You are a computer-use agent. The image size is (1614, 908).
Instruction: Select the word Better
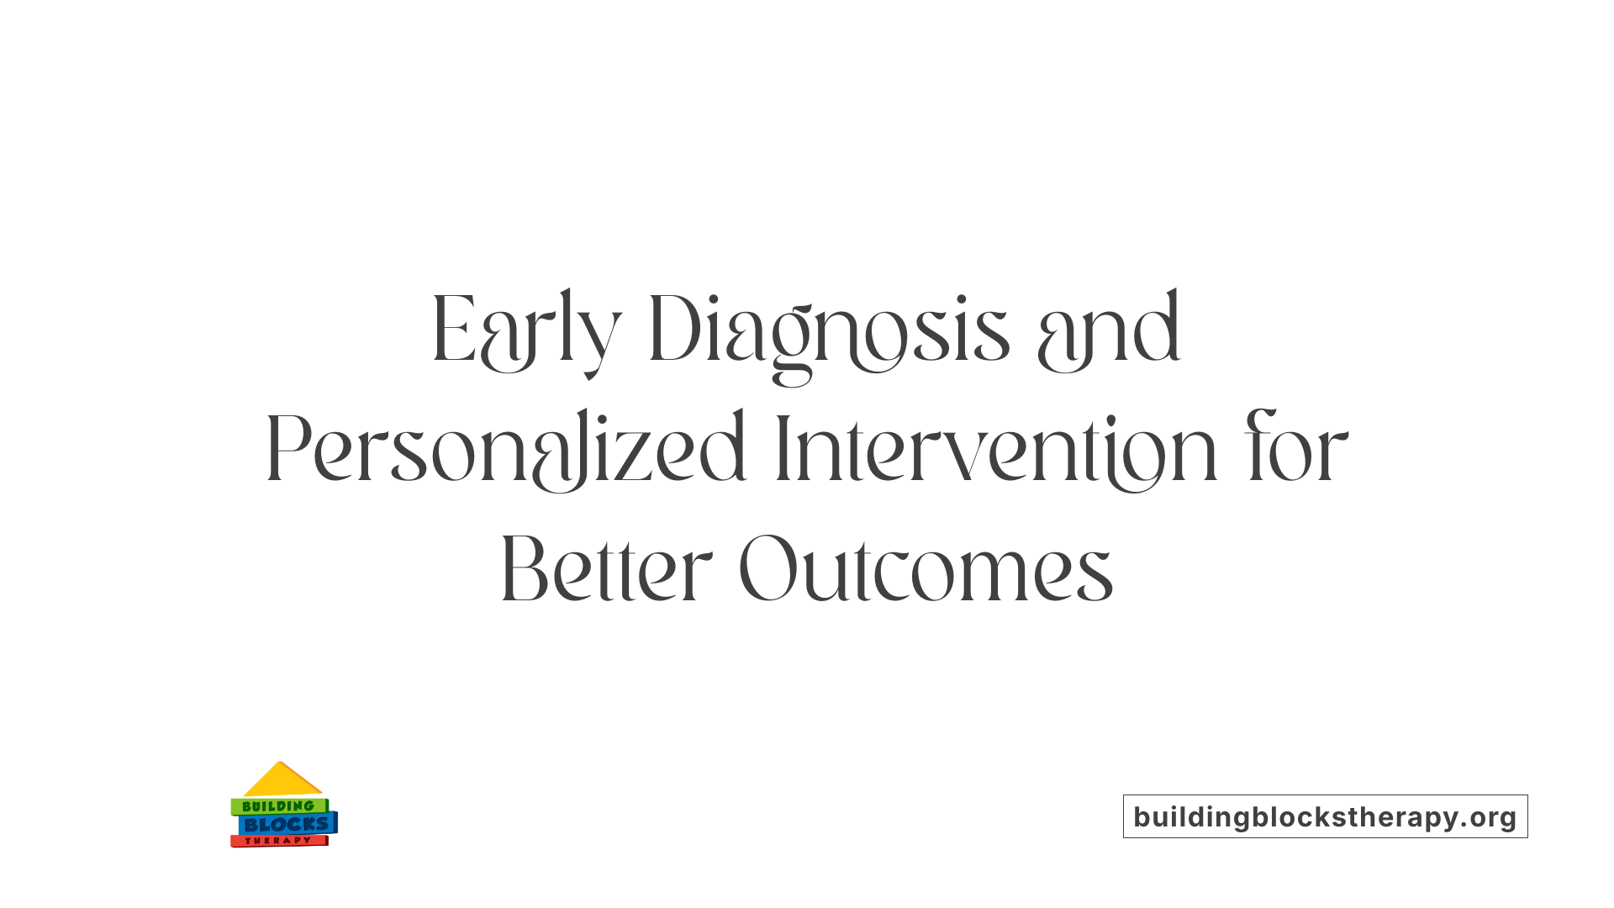click(x=606, y=570)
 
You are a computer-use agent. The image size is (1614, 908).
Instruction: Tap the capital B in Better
click(x=525, y=570)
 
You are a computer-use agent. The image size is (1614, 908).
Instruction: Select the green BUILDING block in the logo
click(x=278, y=806)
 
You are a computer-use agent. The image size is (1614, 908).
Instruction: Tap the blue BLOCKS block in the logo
click(x=287, y=825)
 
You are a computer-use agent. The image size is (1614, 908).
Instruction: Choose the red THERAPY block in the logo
click(x=278, y=841)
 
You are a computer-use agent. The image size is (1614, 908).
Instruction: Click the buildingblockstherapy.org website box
click(x=1325, y=816)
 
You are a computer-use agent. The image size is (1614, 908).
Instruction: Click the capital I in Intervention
click(x=781, y=451)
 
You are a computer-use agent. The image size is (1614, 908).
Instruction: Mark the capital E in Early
click(x=454, y=330)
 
